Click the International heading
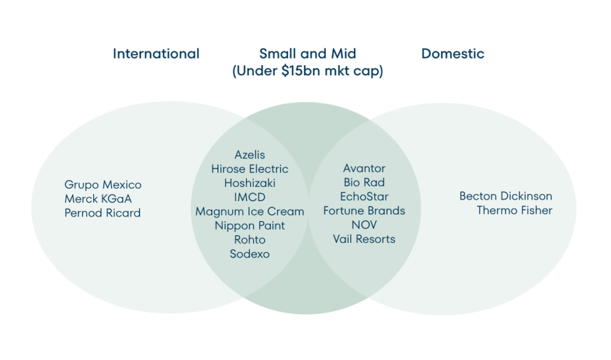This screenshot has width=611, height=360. pos(156,54)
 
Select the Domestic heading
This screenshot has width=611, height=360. pos(453,54)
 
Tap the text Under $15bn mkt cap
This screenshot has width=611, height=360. pos(307,72)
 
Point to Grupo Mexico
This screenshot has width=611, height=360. pos(103,184)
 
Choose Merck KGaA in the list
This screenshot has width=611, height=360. pos(98,199)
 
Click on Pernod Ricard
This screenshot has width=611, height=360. pos(103,213)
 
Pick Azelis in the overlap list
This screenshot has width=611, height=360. pos(249,155)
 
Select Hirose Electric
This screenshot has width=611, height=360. pos(249,169)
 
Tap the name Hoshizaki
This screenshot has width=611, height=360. pos(249,183)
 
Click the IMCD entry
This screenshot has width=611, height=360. pos(249,197)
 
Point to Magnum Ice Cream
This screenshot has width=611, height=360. pos(249,211)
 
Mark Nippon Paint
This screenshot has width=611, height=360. pos(249,226)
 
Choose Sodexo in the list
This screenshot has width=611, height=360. pos(249,254)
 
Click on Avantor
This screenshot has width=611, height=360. pos(364,168)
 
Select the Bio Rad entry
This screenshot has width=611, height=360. pos(364,182)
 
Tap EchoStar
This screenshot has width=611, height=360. pos(364,196)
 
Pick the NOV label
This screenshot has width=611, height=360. pos(364,225)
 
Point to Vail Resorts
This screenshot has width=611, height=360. pos(364,239)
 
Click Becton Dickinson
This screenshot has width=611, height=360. pos(505,196)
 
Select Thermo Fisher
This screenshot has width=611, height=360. pos(514,210)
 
